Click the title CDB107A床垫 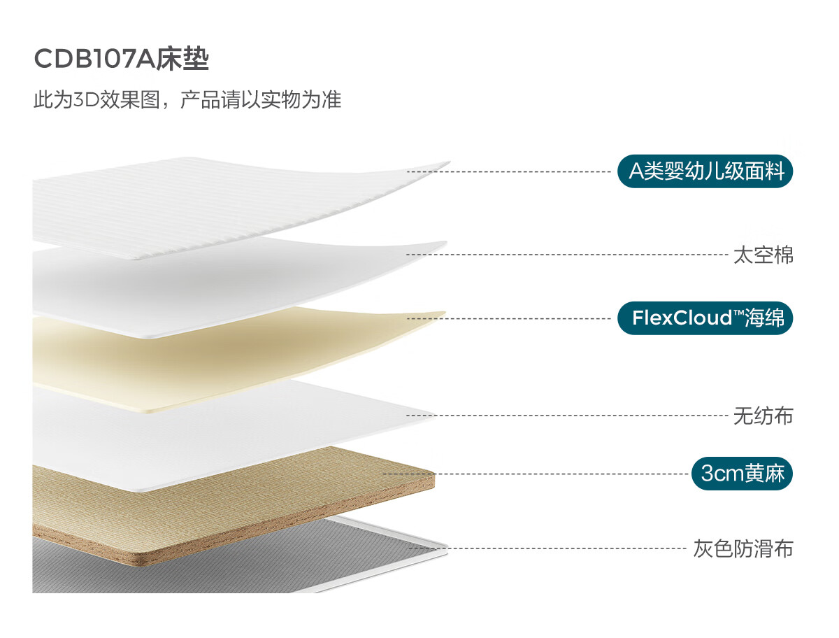click(122, 59)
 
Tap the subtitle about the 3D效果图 click(187, 99)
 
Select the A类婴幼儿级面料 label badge click(705, 171)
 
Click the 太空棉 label click(763, 255)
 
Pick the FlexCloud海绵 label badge click(705, 318)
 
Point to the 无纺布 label click(763, 416)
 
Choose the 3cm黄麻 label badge click(743, 474)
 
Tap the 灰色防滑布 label click(743, 548)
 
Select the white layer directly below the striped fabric click(210, 280)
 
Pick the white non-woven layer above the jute click(210, 434)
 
